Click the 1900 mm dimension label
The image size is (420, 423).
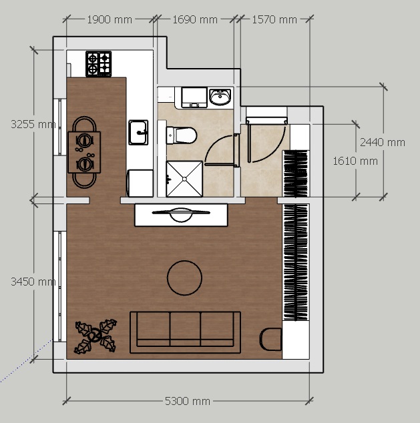point(110,20)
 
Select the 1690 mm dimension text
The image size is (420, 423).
point(195,20)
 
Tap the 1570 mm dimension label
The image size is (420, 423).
point(274,20)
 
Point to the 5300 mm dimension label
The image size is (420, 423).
point(188,401)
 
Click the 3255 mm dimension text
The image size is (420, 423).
point(33,124)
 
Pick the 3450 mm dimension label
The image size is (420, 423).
point(33,282)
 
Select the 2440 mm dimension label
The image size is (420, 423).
point(383,142)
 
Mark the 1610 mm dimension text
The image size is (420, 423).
point(355,161)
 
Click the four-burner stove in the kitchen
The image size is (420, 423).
point(99,64)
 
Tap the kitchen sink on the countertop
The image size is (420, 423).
point(138,133)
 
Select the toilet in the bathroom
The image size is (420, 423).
point(182,135)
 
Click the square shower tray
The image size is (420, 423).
point(184,179)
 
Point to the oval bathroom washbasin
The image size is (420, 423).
point(220,96)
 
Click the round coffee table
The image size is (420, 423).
point(184,278)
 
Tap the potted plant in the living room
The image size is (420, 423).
point(95,336)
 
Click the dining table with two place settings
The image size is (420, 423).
point(84,152)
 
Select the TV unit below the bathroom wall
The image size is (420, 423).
point(181,215)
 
